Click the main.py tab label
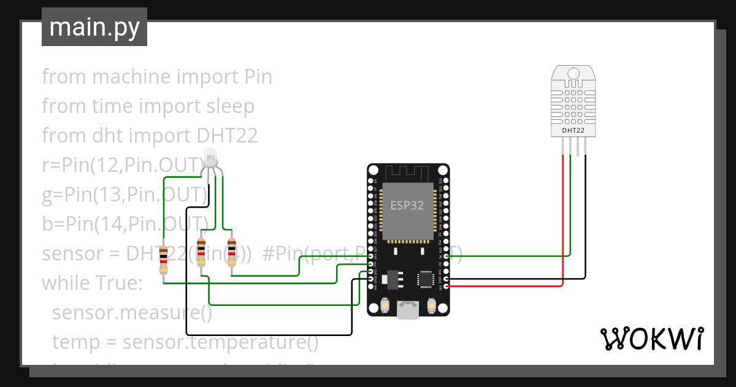point(94,28)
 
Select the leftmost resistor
point(163,259)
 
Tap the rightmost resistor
point(231,252)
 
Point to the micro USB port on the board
point(407,310)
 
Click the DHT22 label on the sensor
point(573,130)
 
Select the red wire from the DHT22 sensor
point(563,221)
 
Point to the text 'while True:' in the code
point(92,283)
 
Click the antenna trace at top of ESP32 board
point(407,173)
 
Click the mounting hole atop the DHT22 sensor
point(573,74)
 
